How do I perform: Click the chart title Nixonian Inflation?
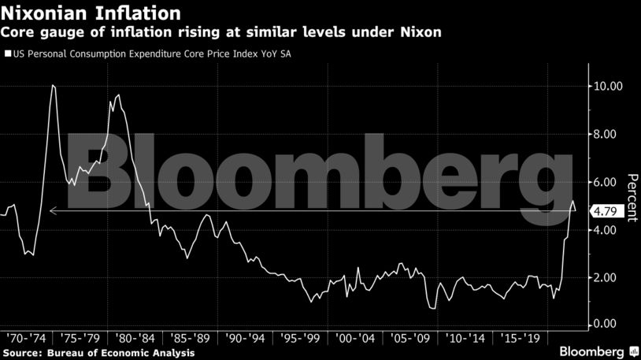point(94,13)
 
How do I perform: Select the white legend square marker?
point(7,55)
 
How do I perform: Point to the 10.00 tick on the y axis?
point(609,86)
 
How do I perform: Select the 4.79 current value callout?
point(607,211)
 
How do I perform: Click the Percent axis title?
point(632,198)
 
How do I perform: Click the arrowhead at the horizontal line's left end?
point(52,211)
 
